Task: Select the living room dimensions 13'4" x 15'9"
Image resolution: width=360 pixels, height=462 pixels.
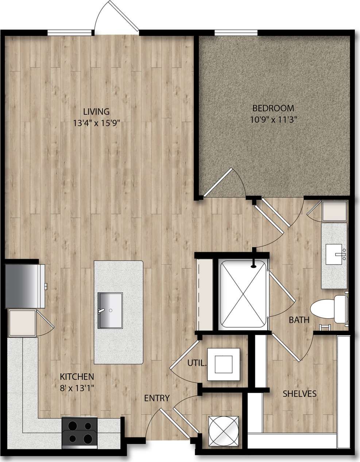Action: point(96,123)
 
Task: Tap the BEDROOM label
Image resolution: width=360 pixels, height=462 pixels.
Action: point(273,108)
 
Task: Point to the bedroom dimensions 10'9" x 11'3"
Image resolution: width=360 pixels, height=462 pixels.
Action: point(273,119)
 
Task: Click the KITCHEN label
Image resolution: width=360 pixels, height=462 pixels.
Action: point(77,376)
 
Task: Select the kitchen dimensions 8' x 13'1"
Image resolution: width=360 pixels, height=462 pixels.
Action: point(77,388)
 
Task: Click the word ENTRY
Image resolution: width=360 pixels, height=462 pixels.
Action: point(156,398)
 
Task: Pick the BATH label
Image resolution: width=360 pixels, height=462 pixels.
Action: point(299,320)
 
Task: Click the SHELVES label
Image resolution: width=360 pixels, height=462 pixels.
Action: point(299,394)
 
